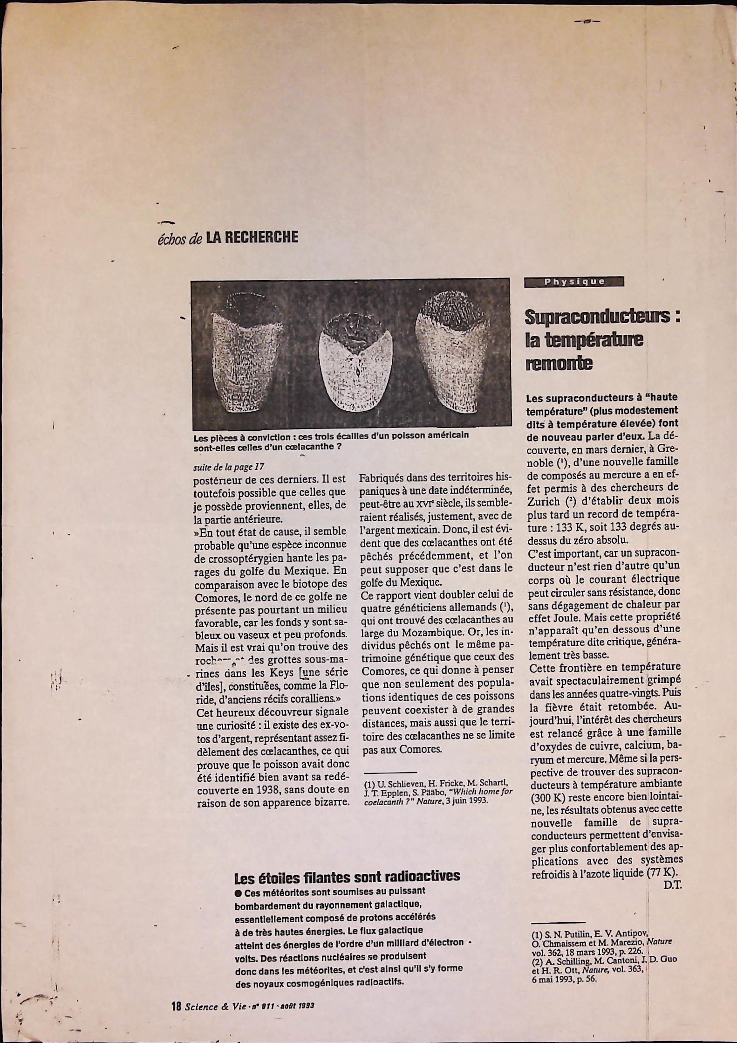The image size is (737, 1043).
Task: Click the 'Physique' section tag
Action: coord(573,282)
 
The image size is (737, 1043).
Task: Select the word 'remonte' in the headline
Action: coord(559,363)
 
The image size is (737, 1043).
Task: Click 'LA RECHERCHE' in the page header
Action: coord(252,237)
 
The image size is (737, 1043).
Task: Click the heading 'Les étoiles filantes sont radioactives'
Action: coord(347,877)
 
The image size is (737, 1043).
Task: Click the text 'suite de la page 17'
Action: coord(229,467)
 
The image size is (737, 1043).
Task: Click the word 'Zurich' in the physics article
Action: coord(543,501)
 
